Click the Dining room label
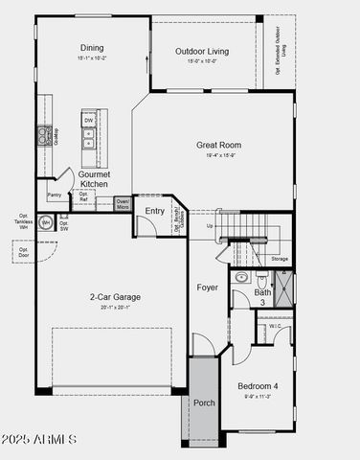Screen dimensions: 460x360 [x=92, y=48]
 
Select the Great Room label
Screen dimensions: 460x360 [x=218, y=146]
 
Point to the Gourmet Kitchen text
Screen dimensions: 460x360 [x=94, y=178]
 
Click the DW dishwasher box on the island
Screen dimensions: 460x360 [x=88, y=121]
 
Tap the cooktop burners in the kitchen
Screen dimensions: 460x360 [x=43, y=136]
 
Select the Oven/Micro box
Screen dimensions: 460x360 [x=123, y=203]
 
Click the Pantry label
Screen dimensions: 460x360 [x=55, y=195]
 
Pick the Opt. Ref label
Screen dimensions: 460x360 [x=84, y=197]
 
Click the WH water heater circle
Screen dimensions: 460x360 [x=45, y=222]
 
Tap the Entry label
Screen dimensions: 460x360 [x=154, y=211]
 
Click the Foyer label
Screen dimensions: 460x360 [x=208, y=287]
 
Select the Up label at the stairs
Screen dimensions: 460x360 [x=211, y=226]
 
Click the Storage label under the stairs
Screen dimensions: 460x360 [x=279, y=259]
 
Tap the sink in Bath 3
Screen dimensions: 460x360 [x=240, y=279]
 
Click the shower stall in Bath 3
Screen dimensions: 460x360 [x=283, y=287]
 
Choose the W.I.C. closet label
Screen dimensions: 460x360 [x=275, y=326]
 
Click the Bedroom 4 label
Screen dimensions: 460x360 [x=259, y=386]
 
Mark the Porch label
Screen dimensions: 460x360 [x=205, y=402]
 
